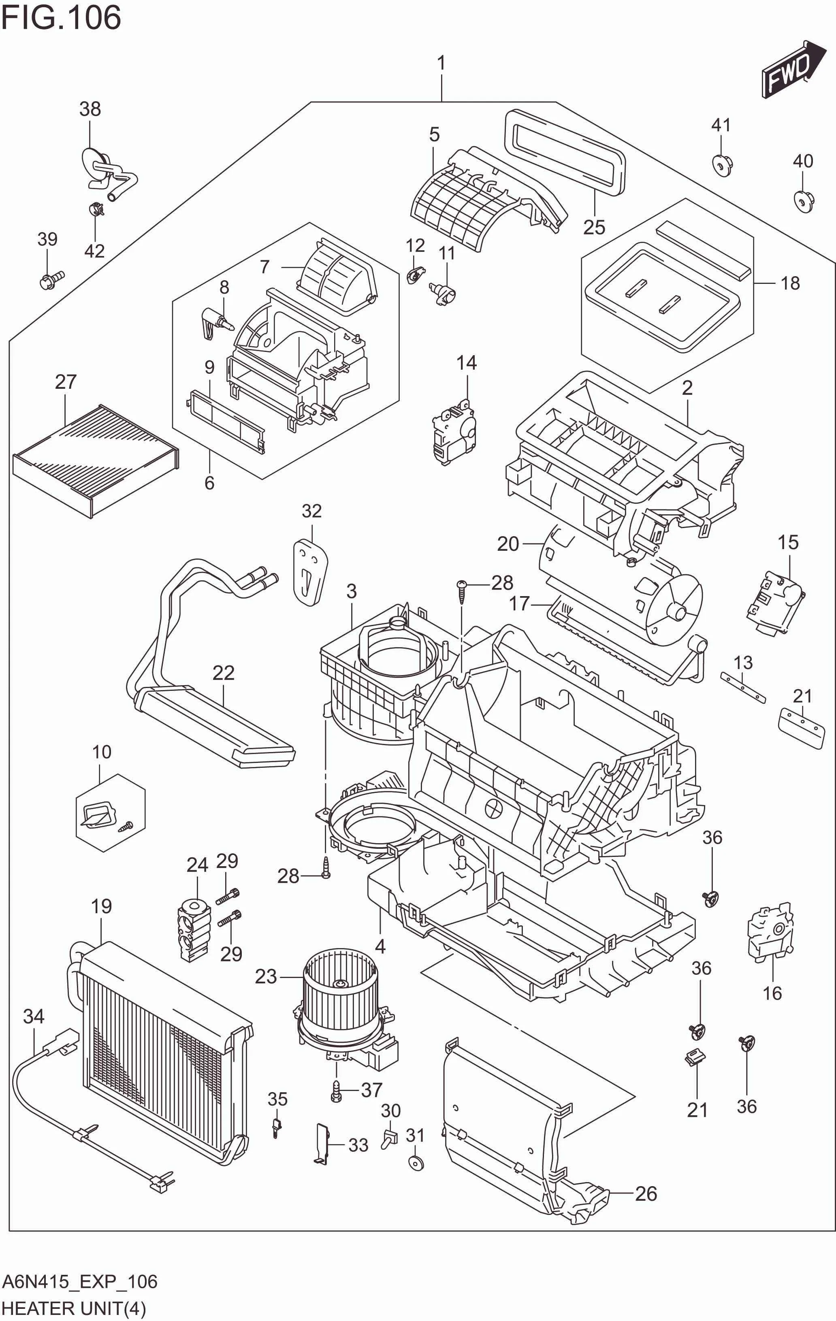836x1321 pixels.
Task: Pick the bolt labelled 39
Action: point(51,281)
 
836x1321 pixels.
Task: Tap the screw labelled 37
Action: point(336,1092)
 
